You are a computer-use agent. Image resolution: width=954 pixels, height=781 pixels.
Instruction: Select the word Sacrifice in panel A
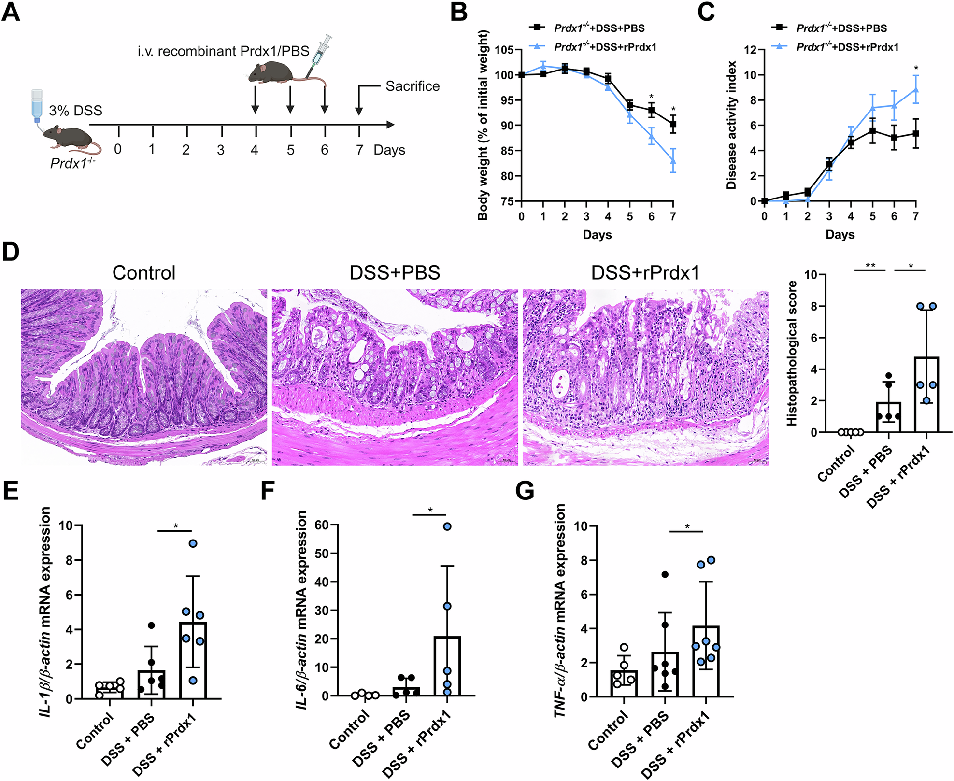(412, 86)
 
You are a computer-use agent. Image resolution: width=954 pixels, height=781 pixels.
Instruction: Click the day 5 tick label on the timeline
(290, 150)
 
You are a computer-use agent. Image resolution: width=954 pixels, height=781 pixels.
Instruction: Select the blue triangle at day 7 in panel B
(673, 161)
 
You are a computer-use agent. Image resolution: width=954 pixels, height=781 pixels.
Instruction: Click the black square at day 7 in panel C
(916, 133)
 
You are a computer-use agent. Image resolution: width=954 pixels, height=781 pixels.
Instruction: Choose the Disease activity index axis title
(731, 125)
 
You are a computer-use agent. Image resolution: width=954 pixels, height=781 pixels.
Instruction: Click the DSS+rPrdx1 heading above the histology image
(645, 273)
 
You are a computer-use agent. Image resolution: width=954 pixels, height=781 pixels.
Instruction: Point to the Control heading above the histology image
(143, 273)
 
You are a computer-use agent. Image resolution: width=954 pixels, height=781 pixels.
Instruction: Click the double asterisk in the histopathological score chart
(870, 266)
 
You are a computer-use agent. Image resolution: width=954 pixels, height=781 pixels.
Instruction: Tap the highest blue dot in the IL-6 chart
(447, 526)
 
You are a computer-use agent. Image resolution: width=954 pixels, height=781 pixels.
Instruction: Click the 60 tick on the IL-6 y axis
(322, 525)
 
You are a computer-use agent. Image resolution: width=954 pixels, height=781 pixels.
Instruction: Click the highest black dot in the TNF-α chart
(665, 574)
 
